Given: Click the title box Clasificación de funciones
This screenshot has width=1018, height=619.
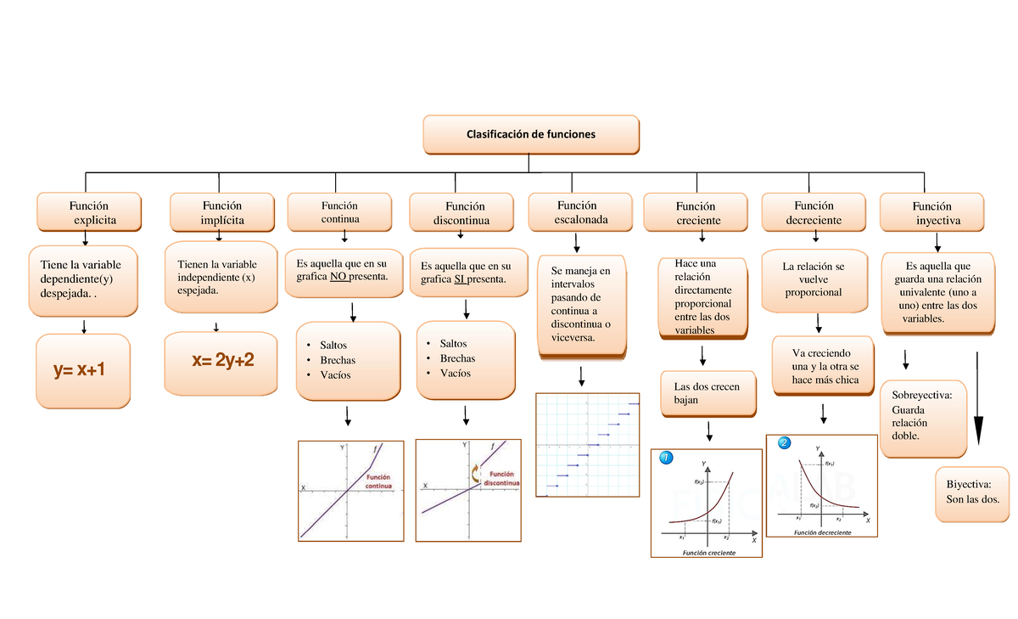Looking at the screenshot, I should [531, 134].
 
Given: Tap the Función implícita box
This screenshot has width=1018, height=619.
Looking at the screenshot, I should [222, 212].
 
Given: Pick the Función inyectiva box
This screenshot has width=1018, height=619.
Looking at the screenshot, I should [931, 212].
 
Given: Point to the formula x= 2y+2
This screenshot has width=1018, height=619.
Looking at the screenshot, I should [223, 361].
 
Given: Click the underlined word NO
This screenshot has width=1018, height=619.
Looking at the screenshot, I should [339, 277].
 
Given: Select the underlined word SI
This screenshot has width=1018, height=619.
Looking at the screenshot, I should [461, 279].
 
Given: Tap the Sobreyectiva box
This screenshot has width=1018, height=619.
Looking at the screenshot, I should [923, 416].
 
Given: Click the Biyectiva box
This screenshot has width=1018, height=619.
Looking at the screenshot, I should [972, 492].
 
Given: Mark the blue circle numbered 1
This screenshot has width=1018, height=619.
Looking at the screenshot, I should [666, 459].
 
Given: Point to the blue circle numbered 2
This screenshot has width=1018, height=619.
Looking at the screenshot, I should [783, 443].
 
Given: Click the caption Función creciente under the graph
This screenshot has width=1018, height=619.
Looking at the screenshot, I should [709, 553].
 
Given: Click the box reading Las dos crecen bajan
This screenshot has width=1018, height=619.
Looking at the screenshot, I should [700, 393].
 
